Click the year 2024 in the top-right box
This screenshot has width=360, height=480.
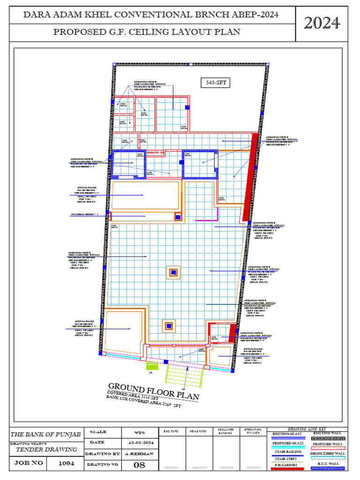tap(322, 22)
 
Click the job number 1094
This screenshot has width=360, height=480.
tap(66, 463)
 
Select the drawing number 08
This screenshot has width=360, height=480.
tap(140, 465)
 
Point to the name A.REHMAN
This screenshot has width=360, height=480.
tap(140, 454)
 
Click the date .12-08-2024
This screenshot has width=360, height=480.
tap(140, 442)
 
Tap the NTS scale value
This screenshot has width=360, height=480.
tap(140, 432)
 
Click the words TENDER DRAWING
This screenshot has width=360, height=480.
tap(46, 449)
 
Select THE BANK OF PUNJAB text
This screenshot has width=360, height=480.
tap(46, 434)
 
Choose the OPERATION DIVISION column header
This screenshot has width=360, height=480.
tap(253, 431)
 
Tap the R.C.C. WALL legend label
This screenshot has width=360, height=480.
tap(328, 464)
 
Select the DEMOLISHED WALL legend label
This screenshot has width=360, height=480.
tap(328, 454)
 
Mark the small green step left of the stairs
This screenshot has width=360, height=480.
tap(150, 365)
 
